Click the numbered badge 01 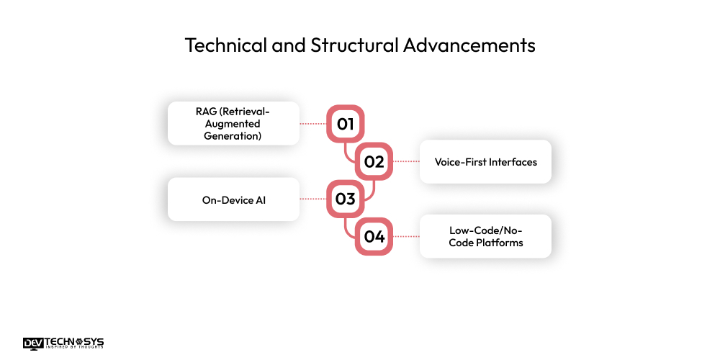pyautogui.click(x=346, y=124)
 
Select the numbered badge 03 pyautogui.click(x=346, y=199)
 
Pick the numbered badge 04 pyautogui.click(x=374, y=237)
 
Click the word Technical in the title pyautogui.click(x=220, y=45)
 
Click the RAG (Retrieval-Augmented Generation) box pyautogui.click(x=233, y=123)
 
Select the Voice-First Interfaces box pyautogui.click(x=485, y=162)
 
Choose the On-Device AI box pyautogui.click(x=233, y=199)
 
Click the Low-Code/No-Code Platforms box pyautogui.click(x=485, y=237)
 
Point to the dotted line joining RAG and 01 pyautogui.click(x=313, y=124)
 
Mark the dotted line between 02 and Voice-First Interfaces pyautogui.click(x=406, y=162)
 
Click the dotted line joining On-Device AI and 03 pyautogui.click(x=313, y=199)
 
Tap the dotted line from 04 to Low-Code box pyautogui.click(x=406, y=237)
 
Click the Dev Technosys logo pyautogui.click(x=63, y=343)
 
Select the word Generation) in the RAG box pyautogui.click(x=233, y=135)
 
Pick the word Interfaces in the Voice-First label pyautogui.click(x=513, y=162)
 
